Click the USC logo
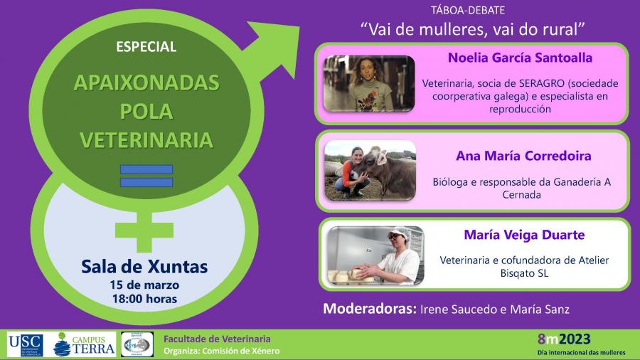[26, 345]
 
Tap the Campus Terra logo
[84, 344]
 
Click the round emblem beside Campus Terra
[137, 344]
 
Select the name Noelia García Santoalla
[520, 58]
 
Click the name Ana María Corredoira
[523, 156]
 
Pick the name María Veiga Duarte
[524, 235]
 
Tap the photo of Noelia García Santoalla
[369, 84]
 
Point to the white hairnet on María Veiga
[400, 232]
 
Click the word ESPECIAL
[146, 46]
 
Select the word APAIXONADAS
[146, 83]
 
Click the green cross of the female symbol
[144, 232]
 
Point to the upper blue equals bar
[146, 169]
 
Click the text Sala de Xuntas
[144, 267]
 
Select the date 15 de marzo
[144, 285]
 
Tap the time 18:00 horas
[145, 299]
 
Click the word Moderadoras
[369, 309]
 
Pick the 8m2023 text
[564, 339]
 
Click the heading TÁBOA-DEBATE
[468, 10]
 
